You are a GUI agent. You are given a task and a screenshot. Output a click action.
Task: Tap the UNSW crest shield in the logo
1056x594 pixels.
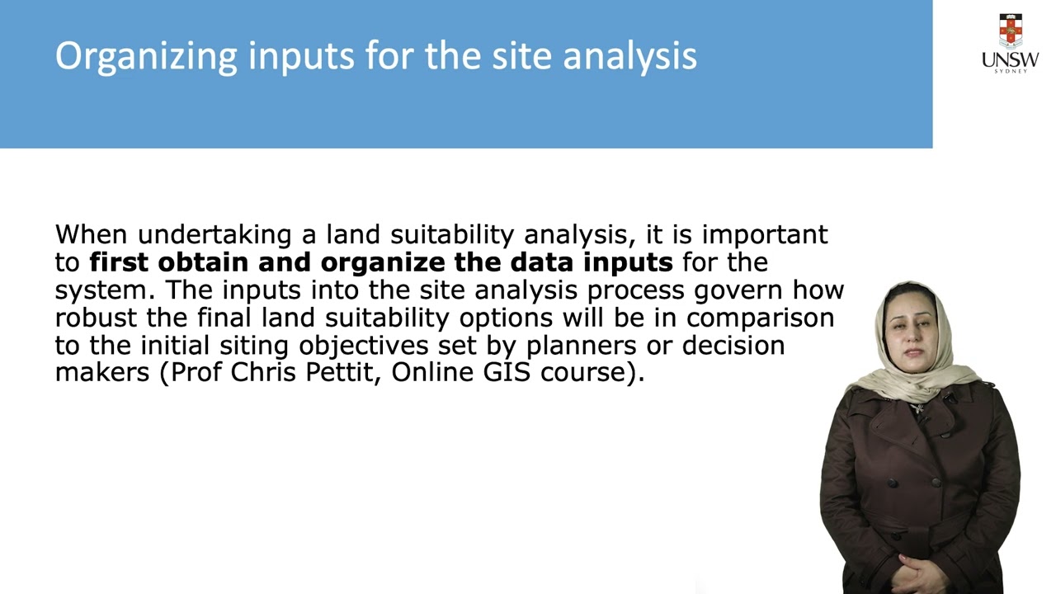[1011, 30]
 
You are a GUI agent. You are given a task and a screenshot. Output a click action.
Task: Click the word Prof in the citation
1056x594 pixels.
[196, 372]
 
